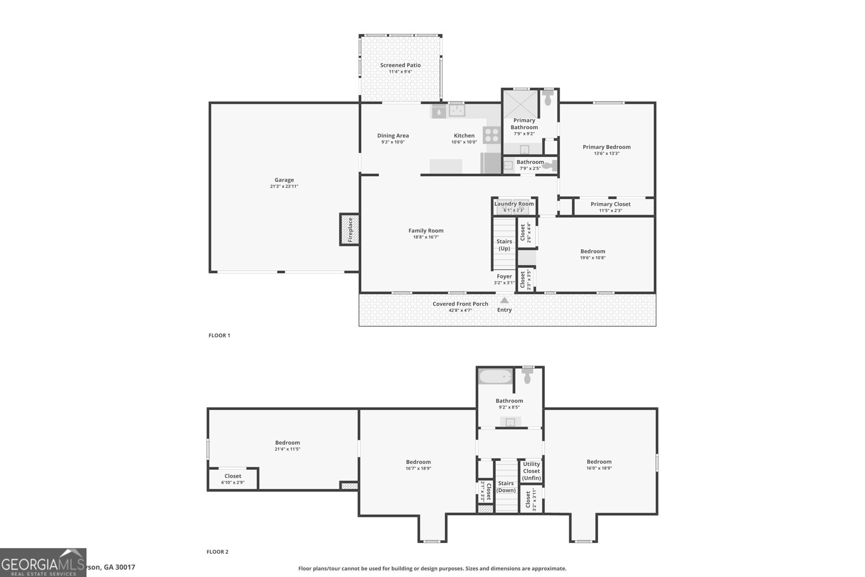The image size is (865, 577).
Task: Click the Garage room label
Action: (x=284, y=180)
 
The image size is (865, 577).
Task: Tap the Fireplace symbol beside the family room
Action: (x=349, y=229)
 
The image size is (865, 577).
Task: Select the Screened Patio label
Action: (x=400, y=65)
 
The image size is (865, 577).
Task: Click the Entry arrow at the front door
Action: (x=504, y=300)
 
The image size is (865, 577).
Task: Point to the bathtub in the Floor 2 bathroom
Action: (x=495, y=376)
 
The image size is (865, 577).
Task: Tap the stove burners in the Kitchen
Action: (x=492, y=134)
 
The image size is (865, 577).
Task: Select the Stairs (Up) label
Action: (x=504, y=245)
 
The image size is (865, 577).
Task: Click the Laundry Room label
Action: (x=514, y=204)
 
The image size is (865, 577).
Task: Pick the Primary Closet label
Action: (x=610, y=204)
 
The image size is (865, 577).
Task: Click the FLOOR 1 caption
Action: (x=219, y=335)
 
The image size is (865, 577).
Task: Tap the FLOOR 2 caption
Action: (x=217, y=552)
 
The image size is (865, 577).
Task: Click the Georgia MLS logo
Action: (x=43, y=562)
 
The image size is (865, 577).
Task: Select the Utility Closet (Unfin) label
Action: (x=531, y=471)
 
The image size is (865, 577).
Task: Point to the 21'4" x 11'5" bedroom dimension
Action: (x=287, y=449)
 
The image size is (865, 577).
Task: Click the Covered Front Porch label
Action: (x=460, y=304)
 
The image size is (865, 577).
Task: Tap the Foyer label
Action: (x=504, y=276)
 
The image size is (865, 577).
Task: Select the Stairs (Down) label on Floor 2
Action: (x=506, y=487)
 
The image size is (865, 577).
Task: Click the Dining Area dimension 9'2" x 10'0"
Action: (x=392, y=142)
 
